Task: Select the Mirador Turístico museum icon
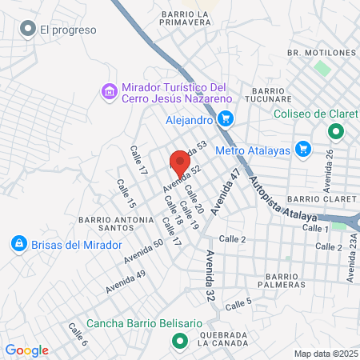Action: tap(109, 92)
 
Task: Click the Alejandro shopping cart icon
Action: tap(226, 120)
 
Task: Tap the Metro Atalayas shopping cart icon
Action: tap(302, 149)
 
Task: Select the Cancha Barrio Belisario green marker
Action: tap(180, 342)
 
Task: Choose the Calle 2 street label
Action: tap(232, 239)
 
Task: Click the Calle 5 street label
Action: tap(238, 303)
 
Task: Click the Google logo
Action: tap(26, 350)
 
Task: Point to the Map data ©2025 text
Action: tap(324, 354)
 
